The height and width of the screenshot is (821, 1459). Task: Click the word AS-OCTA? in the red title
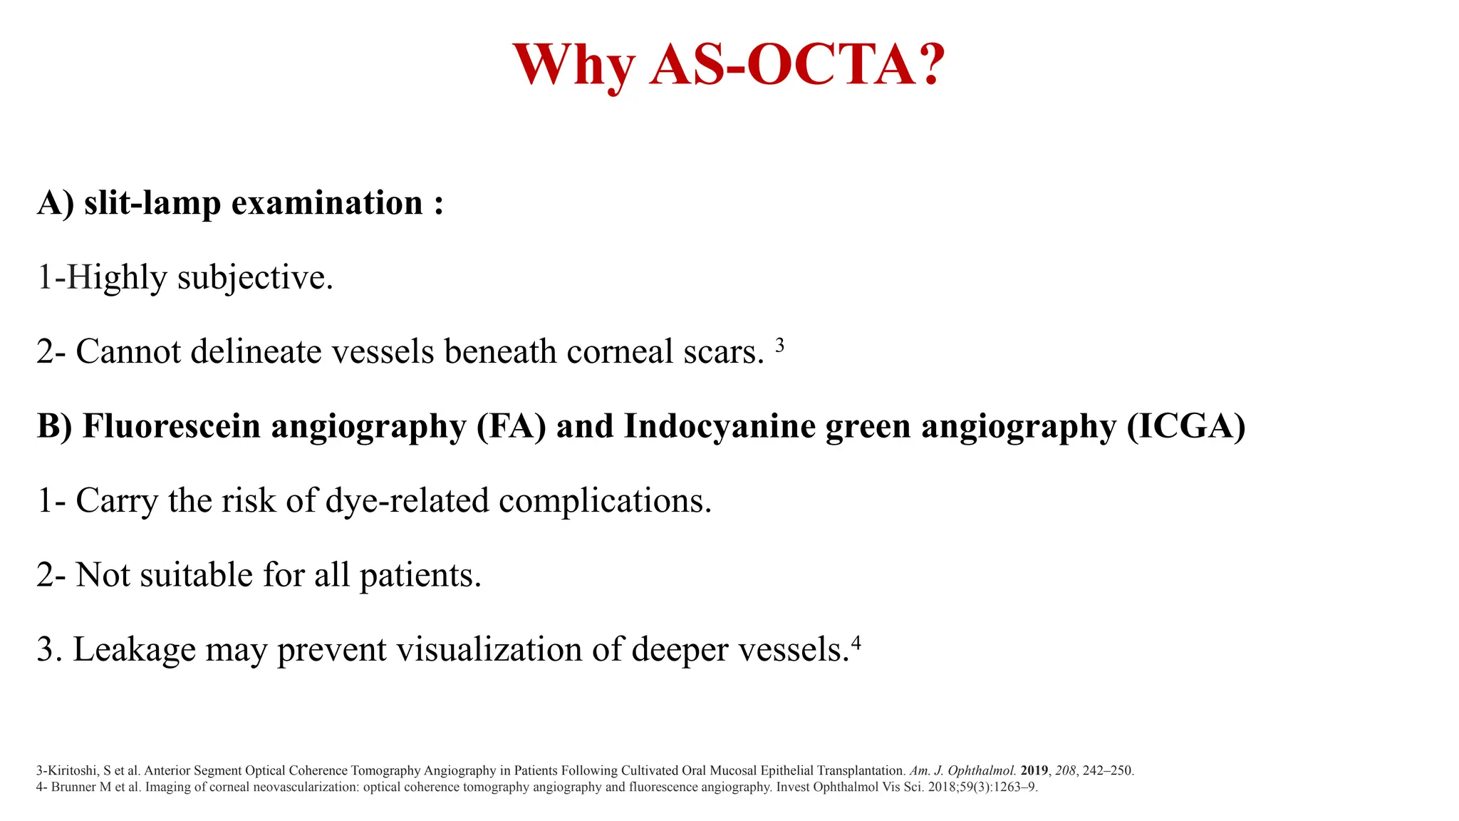(x=796, y=65)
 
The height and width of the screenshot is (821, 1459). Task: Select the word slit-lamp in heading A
(x=152, y=204)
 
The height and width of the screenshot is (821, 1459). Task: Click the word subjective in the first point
(x=255, y=278)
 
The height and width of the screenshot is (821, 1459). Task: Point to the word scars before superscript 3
(x=724, y=352)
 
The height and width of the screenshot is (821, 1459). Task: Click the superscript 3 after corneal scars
(x=779, y=346)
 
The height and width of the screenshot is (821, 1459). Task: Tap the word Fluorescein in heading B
(x=172, y=426)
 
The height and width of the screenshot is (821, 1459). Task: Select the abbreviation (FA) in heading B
(x=512, y=426)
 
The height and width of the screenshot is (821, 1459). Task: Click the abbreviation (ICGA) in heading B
(x=1186, y=426)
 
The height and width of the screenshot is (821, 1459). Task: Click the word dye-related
(x=407, y=501)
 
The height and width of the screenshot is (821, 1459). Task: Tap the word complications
(x=605, y=501)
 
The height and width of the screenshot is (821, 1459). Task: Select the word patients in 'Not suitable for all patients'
(x=420, y=575)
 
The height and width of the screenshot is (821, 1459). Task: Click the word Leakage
(x=134, y=650)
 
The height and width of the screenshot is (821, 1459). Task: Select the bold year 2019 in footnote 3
(x=1034, y=770)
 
